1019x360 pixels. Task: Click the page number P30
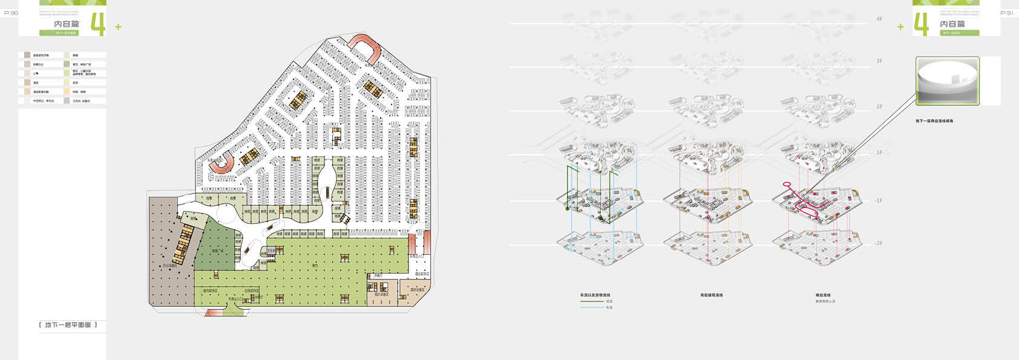[11, 13]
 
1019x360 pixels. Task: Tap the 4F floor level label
[879, 19]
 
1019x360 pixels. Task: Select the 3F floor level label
[879, 61]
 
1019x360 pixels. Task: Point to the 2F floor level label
[879, 106]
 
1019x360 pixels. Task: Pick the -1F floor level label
[878, 200]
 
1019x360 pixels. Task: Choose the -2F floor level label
[878, 243]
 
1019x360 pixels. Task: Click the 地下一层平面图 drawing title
[68, 325]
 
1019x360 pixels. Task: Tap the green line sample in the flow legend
[592, 301]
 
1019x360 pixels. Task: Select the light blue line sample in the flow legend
[592, 307]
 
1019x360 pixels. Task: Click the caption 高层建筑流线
[712, 295]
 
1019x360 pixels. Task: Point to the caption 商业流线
[823, 295]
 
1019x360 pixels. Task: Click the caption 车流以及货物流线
[595, 295]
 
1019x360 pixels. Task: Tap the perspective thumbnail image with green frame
[947, 82]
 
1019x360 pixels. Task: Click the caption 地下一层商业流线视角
[934, 121]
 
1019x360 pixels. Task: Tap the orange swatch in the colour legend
[67, 92]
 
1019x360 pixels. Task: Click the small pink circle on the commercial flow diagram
[787, 184]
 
